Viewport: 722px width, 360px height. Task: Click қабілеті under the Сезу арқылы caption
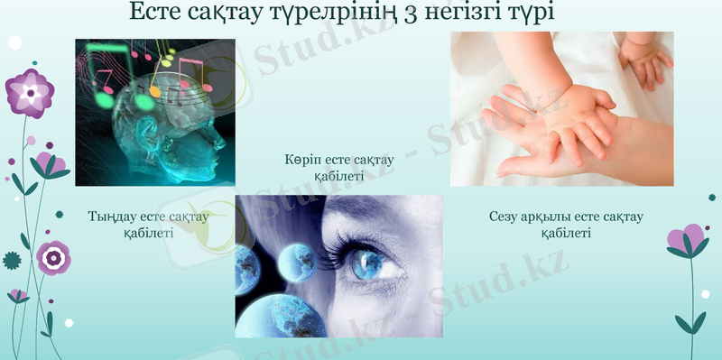[x=566, y=233]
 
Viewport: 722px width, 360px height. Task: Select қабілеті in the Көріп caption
[x=338, y=176]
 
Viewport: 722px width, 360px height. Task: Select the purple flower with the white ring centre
[x=53, y=258]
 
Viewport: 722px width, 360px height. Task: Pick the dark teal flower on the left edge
[x=12, y=261]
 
